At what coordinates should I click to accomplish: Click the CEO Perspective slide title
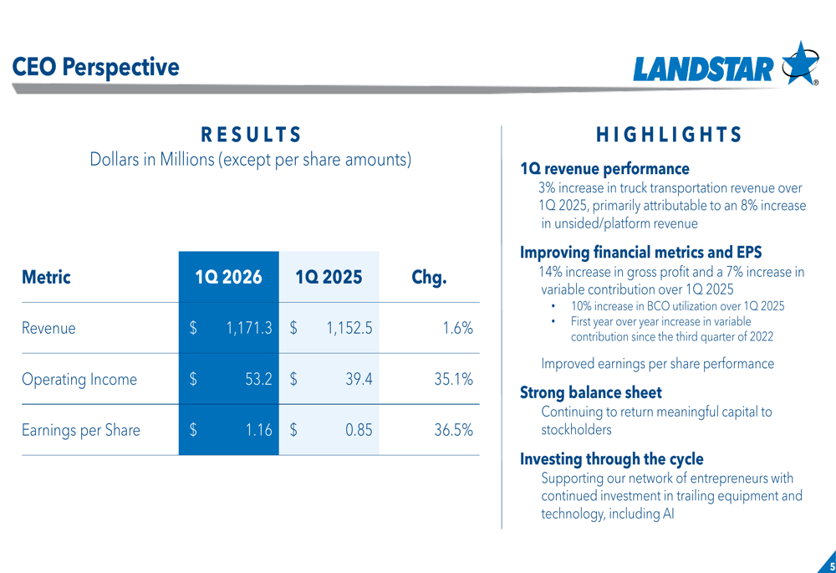[95, 67]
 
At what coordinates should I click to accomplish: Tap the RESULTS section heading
[251, 135]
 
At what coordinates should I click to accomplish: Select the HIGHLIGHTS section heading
[669, 135]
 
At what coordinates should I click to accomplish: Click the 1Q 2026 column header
[228, 277]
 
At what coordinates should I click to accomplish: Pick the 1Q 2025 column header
[329, 277]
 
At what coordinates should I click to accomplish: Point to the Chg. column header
[429, 277]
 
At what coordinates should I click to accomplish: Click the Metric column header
[46, 277]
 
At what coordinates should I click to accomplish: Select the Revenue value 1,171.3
[248, 329]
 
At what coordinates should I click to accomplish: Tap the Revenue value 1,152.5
[349, 329]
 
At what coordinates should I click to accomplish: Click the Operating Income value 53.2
[258, 380]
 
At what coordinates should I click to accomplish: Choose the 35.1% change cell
[453, 380]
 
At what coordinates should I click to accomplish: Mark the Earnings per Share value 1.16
[259, 431]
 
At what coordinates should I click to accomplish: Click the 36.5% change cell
[453, 431]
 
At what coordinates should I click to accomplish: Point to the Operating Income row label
[79, 380]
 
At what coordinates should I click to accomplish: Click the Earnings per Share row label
[81, 431]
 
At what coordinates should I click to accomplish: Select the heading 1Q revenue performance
[604, 169]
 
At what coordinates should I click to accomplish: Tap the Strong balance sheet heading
[590, 392]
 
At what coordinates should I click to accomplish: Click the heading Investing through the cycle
[611, 458]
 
